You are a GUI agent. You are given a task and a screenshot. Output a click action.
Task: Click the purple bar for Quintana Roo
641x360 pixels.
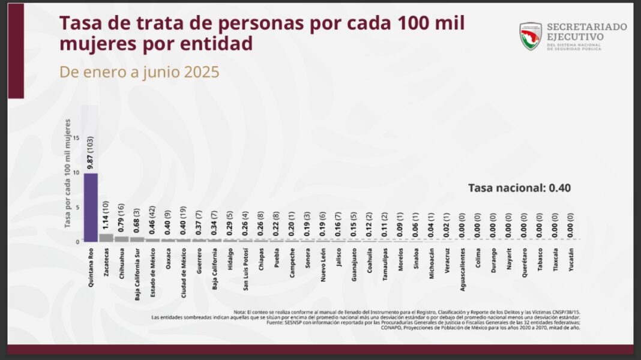pos(91,207)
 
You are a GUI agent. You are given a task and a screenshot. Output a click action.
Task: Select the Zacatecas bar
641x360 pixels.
pos(106,238)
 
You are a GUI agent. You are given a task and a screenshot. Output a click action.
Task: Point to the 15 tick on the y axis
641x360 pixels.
pos(76,137)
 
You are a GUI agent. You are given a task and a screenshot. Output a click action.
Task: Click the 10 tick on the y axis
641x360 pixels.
pos(76,172)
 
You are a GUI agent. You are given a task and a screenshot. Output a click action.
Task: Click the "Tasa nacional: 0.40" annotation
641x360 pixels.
pos(519,188)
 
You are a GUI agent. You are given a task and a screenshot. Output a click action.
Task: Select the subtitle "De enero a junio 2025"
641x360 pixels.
pos(139,72)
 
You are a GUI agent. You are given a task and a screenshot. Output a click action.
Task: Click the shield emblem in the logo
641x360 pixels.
pos(531,36)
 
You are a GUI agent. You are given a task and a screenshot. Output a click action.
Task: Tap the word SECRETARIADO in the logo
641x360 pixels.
pos(586,27)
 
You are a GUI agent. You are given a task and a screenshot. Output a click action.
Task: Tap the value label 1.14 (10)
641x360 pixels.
pos(107,215)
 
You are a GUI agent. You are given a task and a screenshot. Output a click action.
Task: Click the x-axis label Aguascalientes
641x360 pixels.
pos(462,271)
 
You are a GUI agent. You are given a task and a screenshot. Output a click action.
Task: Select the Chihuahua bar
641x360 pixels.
pos(122,239)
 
